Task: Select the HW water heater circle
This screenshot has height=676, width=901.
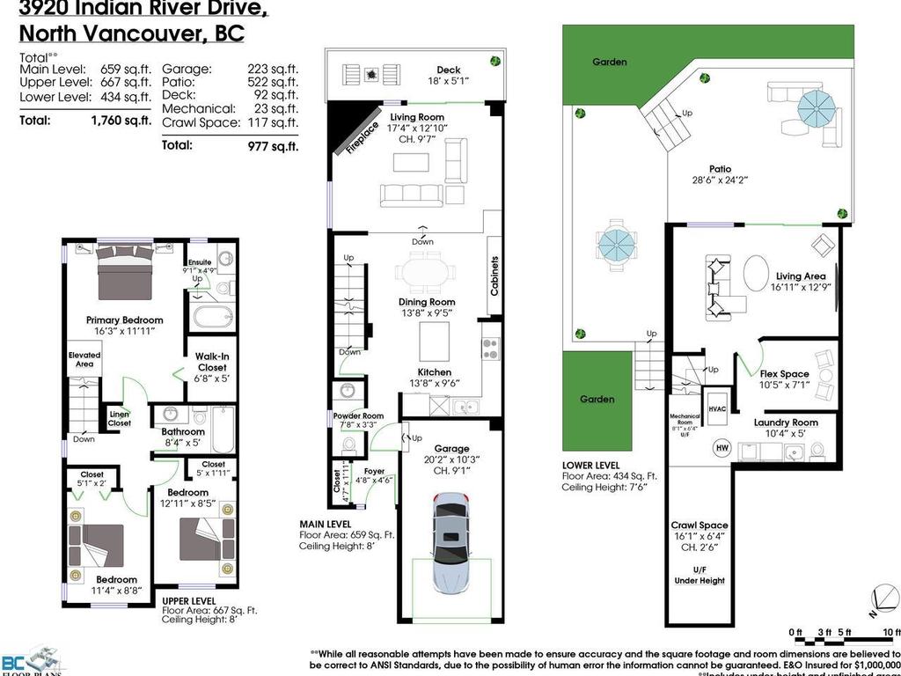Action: click(722, 446)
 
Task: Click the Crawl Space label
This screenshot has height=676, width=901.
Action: click(700, 525)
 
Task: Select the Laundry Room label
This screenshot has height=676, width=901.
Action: click(786, 422)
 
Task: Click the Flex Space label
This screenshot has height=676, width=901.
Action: click(784, 374)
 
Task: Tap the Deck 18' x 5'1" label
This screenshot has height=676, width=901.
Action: click(448, 76)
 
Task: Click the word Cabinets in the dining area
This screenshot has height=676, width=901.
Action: click(494, 276)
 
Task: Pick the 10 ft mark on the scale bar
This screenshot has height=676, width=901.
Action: click(890, 632)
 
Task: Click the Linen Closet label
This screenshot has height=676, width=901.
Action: click(120, 418)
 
